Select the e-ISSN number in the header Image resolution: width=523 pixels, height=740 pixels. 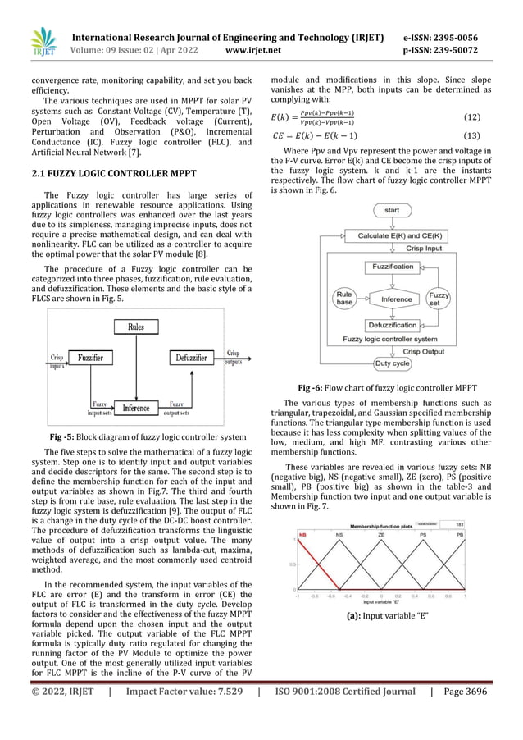coord(442,38)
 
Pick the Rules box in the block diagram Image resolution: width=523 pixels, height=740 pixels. coord(134,327)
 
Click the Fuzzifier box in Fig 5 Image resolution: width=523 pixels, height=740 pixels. coord(90,358)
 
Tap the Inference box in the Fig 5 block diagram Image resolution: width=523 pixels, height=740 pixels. coord(134,407)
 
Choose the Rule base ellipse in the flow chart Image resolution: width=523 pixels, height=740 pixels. coord(345,299)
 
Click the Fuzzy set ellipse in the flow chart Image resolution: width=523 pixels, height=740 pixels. coord(439,299)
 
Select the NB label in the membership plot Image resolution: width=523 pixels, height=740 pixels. coord(302,534)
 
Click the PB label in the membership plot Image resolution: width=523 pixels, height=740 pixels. coord(482,534)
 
